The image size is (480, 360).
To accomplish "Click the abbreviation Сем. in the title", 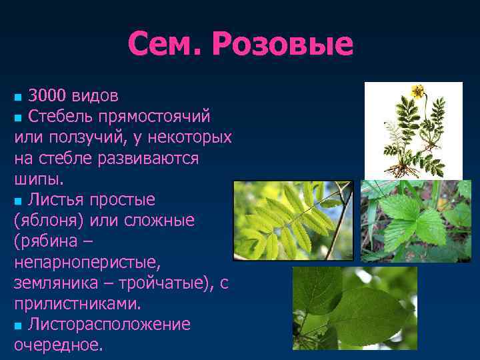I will pos(166,45).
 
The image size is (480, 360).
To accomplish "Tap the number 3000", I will pos(51,95).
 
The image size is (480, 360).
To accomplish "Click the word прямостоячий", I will pos(154,117).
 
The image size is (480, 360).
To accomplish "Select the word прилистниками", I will pos(77,304).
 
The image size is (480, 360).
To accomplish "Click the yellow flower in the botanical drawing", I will pos(417,91).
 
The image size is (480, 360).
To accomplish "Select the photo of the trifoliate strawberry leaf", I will pos(415,221).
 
